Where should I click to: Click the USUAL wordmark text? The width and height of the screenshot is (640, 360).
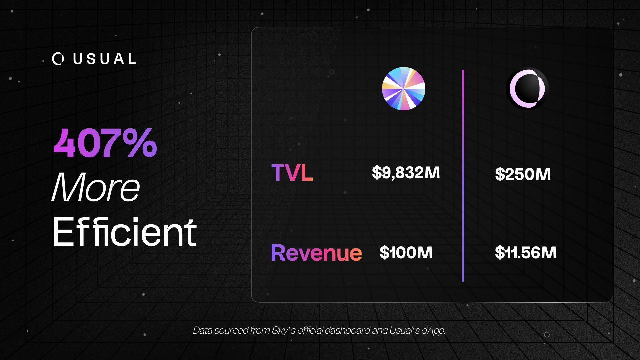coord(104,59)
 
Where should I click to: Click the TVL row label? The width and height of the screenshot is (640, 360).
coord(292,173)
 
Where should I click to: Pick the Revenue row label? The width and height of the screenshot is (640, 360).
coord(316,252)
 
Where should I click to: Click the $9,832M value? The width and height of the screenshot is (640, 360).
coord(406,173)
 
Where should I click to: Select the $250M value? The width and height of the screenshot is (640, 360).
coord(523,174)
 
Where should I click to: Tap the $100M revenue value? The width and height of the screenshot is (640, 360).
coord(406,252)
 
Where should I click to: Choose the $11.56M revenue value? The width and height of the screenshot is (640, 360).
coord(526,252)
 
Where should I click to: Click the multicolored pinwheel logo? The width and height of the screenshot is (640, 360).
coord(403,88)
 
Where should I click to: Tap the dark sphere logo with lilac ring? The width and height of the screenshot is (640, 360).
coord(527,89)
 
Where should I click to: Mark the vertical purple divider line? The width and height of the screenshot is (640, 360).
coord(463,176)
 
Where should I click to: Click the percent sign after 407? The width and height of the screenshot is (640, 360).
coord(141,143)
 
